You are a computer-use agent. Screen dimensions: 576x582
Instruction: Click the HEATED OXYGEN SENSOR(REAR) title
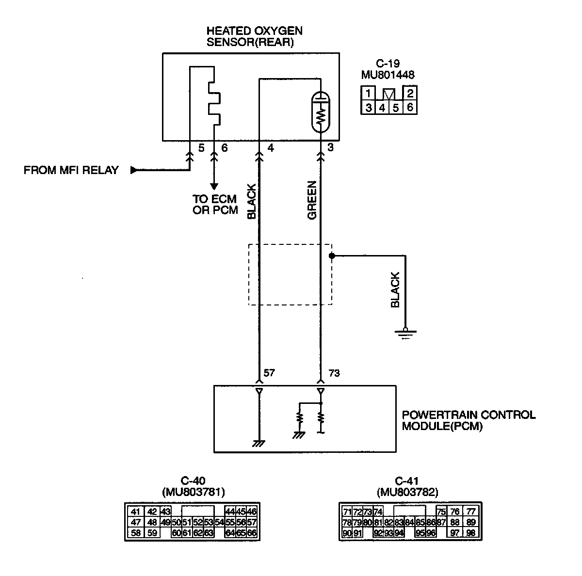[254, 36]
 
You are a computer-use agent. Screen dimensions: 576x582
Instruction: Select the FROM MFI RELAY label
[71, 171]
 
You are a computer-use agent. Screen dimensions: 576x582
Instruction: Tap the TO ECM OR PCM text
[215, 205]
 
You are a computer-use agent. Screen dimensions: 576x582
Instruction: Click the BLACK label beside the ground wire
[395, 289]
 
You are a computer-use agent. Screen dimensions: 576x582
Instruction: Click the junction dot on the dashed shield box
[331, 255]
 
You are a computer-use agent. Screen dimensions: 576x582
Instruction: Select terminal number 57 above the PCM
[269, 373]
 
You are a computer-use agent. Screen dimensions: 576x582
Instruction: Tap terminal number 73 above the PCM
[334, 373]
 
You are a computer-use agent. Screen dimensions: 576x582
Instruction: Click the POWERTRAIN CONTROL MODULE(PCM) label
[469, 421]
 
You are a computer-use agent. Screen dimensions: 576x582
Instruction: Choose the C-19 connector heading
[388, 64]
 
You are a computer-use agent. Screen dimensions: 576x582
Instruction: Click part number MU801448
[388, 75]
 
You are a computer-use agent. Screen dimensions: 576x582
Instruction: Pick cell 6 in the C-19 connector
[410, 107]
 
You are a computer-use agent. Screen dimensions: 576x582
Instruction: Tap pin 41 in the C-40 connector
[135, 512]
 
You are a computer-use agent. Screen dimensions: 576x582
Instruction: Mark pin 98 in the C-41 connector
[470, 533]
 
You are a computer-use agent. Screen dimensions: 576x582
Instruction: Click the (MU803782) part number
[407, 493]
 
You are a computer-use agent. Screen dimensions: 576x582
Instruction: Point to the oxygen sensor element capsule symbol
[320, 112]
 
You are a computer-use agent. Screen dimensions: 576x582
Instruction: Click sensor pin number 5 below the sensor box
[202, 147]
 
